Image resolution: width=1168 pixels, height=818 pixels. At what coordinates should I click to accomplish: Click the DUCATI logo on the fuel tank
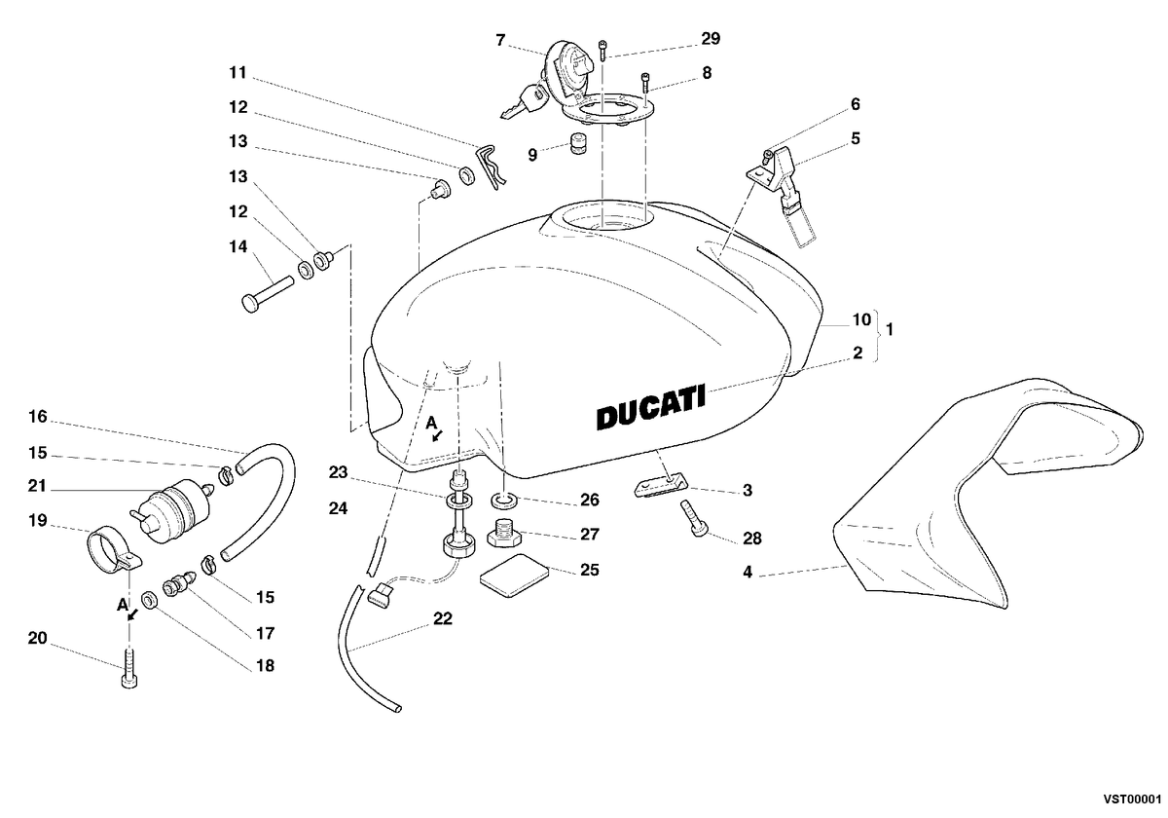(x=651, y=407)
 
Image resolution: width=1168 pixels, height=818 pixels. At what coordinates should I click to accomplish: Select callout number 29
(x=711, y=39)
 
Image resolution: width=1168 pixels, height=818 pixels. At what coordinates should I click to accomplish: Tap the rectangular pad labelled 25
(x=514, y=576)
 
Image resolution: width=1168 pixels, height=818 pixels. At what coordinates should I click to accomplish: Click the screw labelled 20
(x=128, y=668)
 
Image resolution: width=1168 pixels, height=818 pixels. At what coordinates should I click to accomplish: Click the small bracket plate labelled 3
(x=661, y=485)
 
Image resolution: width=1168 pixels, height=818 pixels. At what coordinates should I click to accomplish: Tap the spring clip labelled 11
(x=491, y=167)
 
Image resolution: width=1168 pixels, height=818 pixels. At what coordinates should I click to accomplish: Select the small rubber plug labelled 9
(x=576, y=143)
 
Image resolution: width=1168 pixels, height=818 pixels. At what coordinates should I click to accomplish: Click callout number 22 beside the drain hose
(x=443, y=618)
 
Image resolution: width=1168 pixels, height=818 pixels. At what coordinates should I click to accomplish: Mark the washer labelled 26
(x=504, y=502)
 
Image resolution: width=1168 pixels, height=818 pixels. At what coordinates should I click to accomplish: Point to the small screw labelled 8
(x=645, y=84)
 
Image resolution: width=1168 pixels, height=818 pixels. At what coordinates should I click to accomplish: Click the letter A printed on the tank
(x=431, y=423)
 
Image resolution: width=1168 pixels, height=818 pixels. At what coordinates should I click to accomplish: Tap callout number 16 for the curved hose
(x=38, y=417)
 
